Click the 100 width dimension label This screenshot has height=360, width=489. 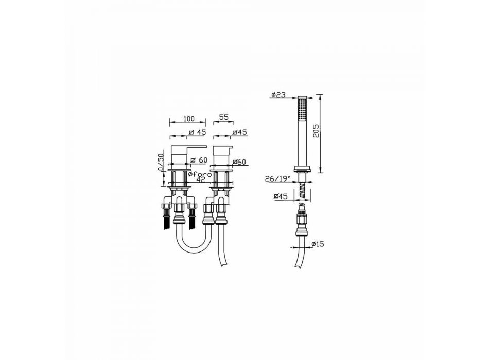click(189, 119)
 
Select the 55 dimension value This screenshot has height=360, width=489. click(224, 117)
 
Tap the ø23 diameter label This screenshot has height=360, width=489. click(278, 95)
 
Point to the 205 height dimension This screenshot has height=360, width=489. click(316, 131)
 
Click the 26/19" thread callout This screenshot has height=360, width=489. click(278, 179)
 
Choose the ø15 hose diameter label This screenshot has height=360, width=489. click(318, 244)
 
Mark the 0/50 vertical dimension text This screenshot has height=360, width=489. click(161, 161)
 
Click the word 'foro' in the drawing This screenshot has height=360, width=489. click(201, 174)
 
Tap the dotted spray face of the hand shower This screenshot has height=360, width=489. click(302, 110)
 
